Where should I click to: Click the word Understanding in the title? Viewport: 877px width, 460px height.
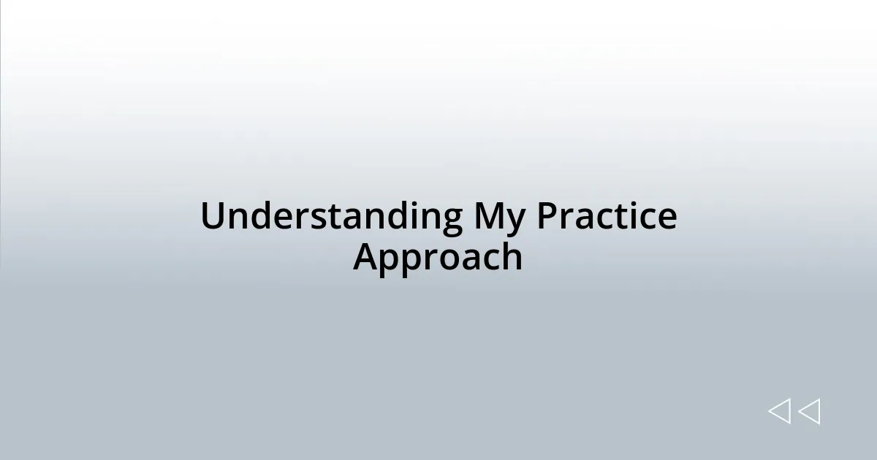pyautogui.click(x=331, y=217)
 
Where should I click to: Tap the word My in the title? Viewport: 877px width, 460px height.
pyautogui.click(x=500, y=217)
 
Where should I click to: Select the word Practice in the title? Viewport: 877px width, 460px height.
pyautogui.click(x=607, y=217)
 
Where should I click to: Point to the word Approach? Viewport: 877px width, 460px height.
pyautogui.click(x=438, y=258)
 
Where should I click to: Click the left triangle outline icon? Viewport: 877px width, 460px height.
pyautogui.click(x=779, y=412)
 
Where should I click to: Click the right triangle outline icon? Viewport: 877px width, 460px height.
pyautogui.click(x=809, y=412)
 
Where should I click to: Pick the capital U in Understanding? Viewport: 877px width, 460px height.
pyautogui.click(x=213, y=217)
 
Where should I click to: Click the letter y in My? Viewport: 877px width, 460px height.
pyautogui.click(x=516, y=221)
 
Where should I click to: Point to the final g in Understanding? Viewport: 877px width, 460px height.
pyautogui.click(x=451, y=221)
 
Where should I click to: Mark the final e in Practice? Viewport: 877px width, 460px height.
pyautogui.click(x=667, y=219)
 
